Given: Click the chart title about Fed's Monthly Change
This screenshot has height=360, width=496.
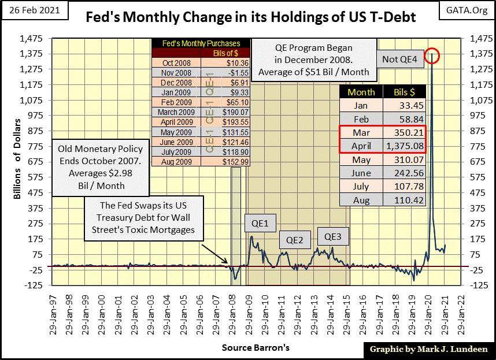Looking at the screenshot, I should click(250, 17).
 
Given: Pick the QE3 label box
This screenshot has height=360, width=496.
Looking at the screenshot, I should click(332, 236).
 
